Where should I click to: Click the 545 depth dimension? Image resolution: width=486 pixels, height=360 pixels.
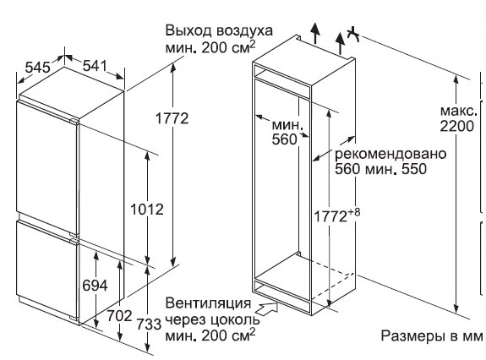(37, 68)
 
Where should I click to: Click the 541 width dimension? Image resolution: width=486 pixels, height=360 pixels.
(95, 66)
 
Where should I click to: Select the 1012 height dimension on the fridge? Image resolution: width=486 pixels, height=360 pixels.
(146, 210)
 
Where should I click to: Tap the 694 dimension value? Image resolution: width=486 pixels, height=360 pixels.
(96, 286)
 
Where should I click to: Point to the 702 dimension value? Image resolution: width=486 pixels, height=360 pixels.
(120, 316)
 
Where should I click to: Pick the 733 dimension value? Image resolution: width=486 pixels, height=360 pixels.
(149, 324)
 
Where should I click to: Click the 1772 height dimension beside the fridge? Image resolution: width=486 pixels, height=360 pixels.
(172, 118)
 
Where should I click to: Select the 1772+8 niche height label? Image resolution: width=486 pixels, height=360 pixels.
(337, 215)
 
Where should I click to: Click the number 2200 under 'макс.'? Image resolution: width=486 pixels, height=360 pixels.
(457, 126)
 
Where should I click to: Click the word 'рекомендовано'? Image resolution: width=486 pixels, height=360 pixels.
(390, 154)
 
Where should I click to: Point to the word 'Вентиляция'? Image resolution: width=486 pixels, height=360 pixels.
(208, 303)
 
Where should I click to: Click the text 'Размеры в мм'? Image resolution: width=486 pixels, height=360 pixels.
(432, 335)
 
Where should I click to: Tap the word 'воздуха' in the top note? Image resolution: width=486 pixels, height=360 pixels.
(245, 31)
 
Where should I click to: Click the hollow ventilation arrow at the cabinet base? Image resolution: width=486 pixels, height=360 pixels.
(266, 308)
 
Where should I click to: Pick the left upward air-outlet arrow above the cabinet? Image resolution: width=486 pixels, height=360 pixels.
(315, 33)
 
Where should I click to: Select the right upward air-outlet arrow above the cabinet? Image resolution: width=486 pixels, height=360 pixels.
(341, 43)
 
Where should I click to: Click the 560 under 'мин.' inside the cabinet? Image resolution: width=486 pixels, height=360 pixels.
(284, 139)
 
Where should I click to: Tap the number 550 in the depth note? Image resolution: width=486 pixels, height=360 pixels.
(414, 169)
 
